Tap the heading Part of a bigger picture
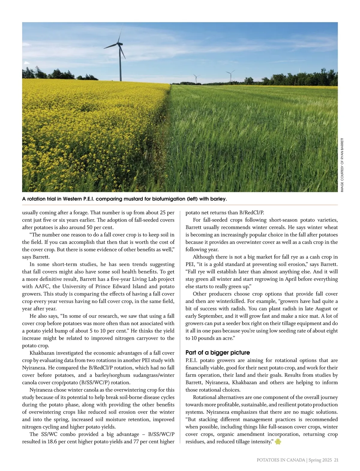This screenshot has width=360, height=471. point(217,352)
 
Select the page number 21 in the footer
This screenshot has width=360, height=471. point(336,460)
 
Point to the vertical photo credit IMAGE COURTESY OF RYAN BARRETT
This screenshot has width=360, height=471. point(342,165)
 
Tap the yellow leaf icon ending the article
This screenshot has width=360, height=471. point(278,442)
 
